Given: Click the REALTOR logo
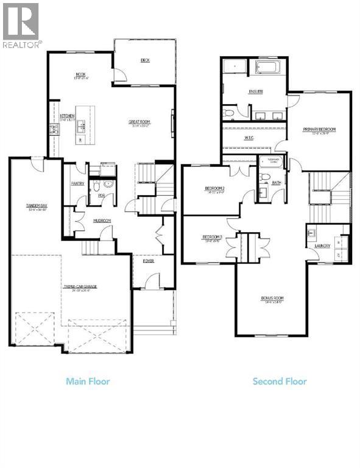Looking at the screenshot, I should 22,25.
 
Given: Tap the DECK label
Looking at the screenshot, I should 145,60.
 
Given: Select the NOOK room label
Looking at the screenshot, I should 80,74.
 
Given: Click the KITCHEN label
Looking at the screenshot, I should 66,116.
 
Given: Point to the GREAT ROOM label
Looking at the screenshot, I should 139,122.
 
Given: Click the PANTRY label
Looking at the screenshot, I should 77,183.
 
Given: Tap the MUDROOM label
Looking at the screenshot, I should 101,221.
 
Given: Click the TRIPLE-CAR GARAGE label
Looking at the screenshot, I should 82,286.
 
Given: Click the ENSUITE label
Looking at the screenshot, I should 255,92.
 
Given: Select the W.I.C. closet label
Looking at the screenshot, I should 249,137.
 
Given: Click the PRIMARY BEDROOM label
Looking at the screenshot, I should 319,129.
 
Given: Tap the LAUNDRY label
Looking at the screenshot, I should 322,246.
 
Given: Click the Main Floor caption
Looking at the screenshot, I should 88,381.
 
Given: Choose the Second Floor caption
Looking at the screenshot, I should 280,381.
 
